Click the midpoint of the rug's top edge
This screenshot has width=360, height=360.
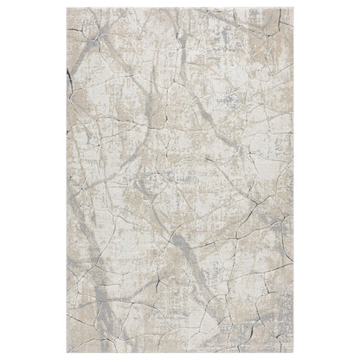[x=180, y=6]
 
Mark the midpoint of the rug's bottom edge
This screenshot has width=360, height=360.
[x=180, y=354]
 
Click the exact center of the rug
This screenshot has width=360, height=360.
[x=180, y=180]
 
